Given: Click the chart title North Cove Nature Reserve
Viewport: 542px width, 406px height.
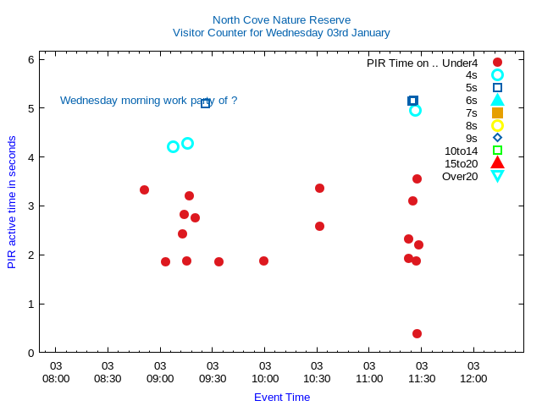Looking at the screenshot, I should click(x=281, y=19).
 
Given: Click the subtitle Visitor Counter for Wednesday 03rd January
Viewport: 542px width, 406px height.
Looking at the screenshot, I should click(x=281, y=33).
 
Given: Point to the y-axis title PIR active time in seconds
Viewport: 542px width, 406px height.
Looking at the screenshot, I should click(x=12, y=202).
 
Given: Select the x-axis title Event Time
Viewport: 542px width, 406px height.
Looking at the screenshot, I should click(x=282, y=398).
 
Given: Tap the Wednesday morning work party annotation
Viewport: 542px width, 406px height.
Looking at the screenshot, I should click(x=148, y=101).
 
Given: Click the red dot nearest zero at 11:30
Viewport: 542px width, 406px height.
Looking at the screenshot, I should click(x=417, y=333).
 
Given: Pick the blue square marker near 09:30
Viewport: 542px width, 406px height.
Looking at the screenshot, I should click(x=205, y=103).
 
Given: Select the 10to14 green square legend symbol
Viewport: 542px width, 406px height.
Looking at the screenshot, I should click(x=497, y=151).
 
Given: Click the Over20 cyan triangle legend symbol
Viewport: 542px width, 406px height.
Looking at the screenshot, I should click(x=497, y=176).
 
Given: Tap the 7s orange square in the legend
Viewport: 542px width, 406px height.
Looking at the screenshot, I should click(x=497, y=112).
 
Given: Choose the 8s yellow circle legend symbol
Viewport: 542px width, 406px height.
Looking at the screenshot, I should click(x=497, y=125).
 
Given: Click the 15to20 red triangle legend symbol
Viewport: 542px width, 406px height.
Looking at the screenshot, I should click(x=497, y=163).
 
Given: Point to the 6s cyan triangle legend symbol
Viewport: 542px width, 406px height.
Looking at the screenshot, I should click(x=497, y=100).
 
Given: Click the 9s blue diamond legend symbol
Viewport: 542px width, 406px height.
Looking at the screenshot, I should click(x=497, y=138).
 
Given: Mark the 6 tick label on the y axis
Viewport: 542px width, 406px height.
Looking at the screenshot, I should click(x=30, y=59).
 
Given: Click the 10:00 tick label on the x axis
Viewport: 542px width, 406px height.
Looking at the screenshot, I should click(x=264, y=372).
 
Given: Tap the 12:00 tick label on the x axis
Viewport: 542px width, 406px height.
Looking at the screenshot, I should click(x=473, y=372).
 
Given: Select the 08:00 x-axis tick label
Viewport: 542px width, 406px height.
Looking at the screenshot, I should click(x=56, y=372).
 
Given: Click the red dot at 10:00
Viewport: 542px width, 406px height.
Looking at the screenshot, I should click(x=263, y=261).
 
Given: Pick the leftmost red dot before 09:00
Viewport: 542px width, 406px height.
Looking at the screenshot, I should click(x=144, y=189).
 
